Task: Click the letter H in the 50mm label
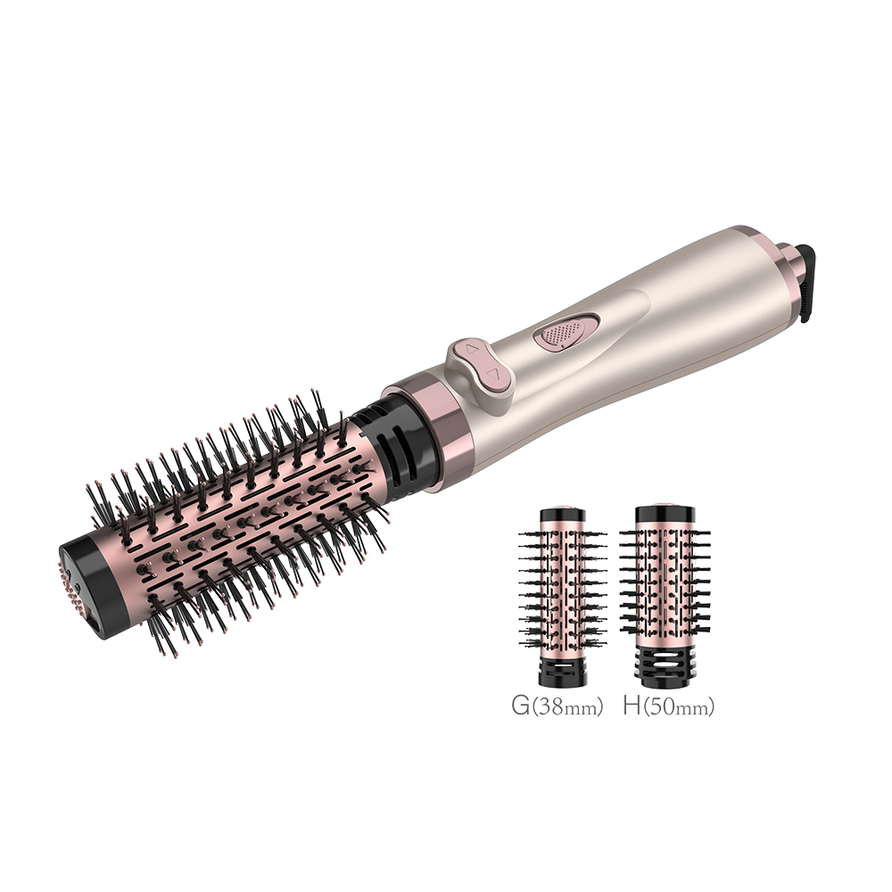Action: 632,706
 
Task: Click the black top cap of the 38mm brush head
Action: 562,515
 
